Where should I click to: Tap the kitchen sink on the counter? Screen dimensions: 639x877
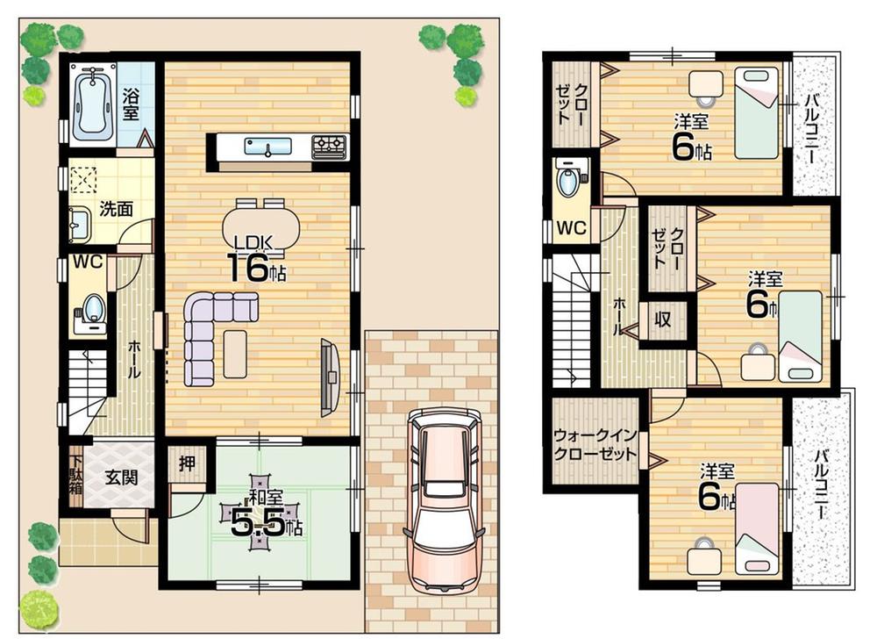click(x=262, y=146)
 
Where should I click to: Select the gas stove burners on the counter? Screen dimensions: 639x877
click(x=331, y=145)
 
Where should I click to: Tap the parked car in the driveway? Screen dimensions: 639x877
click(x=444, y=500)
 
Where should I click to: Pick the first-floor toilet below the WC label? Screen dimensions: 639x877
click(x=93, y=310)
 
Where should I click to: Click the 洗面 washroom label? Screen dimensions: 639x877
click(x=114, y=209)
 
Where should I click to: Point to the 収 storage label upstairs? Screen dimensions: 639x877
click(x=663, y=319)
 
